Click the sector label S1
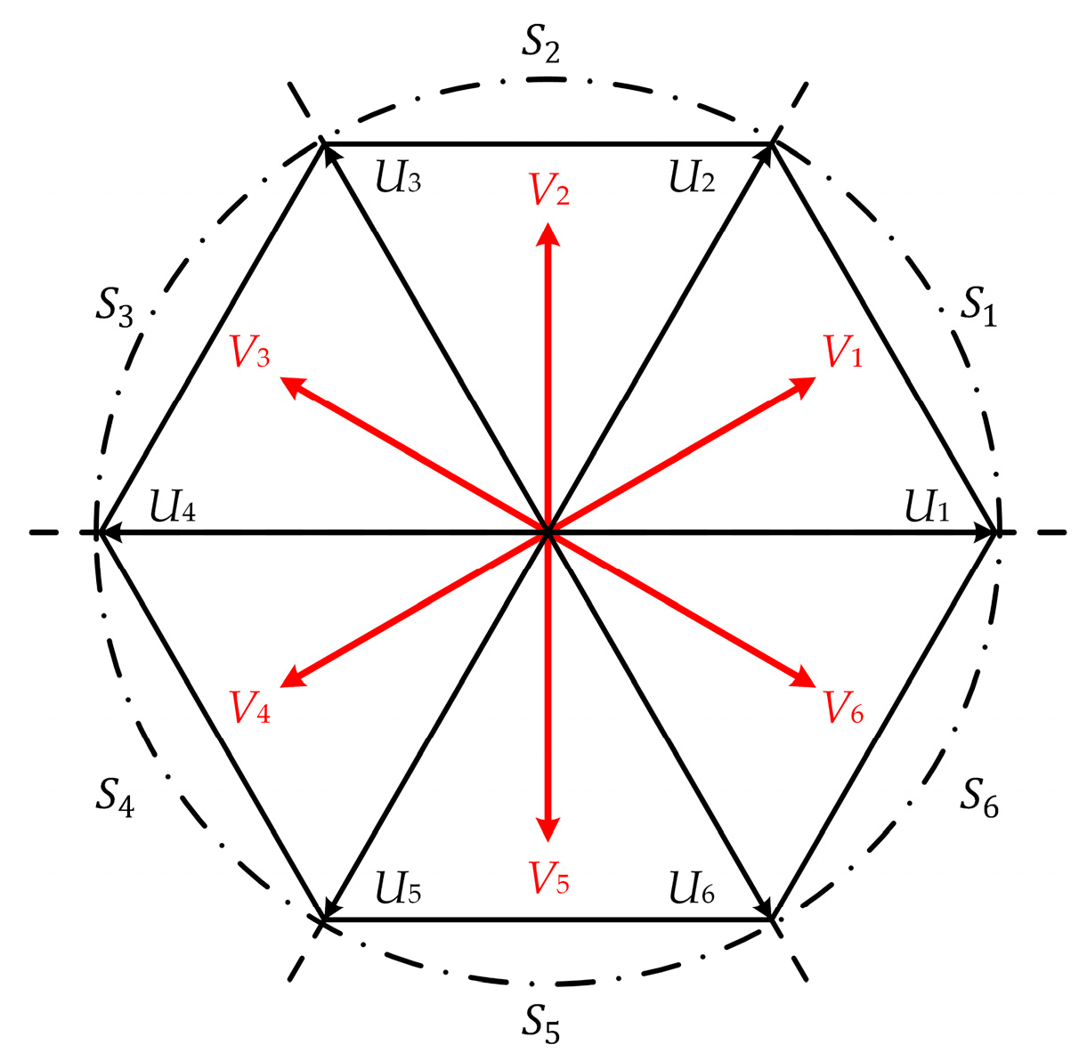click(978, 308)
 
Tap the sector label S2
click(540, 45)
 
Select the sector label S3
click(115, 310)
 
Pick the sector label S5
click(540, 1025)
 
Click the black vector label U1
click(927, 507)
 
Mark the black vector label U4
click(173, 507)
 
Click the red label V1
click(843, 352)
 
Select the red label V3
click(250, 352)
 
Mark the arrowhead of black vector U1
click(986, 532)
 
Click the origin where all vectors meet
click(548, 532)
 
